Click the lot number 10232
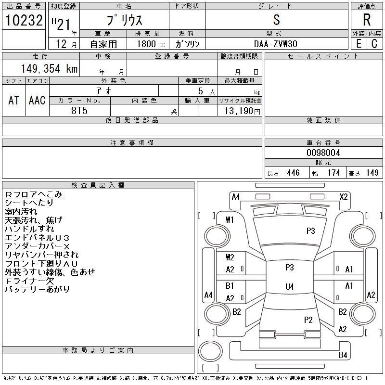[24, 20]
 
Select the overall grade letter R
[367, 20]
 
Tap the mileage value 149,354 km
[49, 68]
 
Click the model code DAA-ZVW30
[275, 44]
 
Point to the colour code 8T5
[79, 111]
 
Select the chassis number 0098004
[323, 153]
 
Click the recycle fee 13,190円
[242, 111]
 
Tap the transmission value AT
[13, 100]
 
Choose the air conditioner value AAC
[37, 100]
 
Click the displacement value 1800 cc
[151, 44]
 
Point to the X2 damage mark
[344, 197]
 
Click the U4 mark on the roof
[290, 286]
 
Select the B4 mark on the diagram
[343, 355]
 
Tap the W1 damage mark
[230, 220]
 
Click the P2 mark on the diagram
[308, 320]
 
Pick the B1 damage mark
[230, 286]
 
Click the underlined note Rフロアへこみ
[34, 194]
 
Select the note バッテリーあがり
[37, 289]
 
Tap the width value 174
[334, 173]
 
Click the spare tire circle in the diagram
[210, 351]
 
